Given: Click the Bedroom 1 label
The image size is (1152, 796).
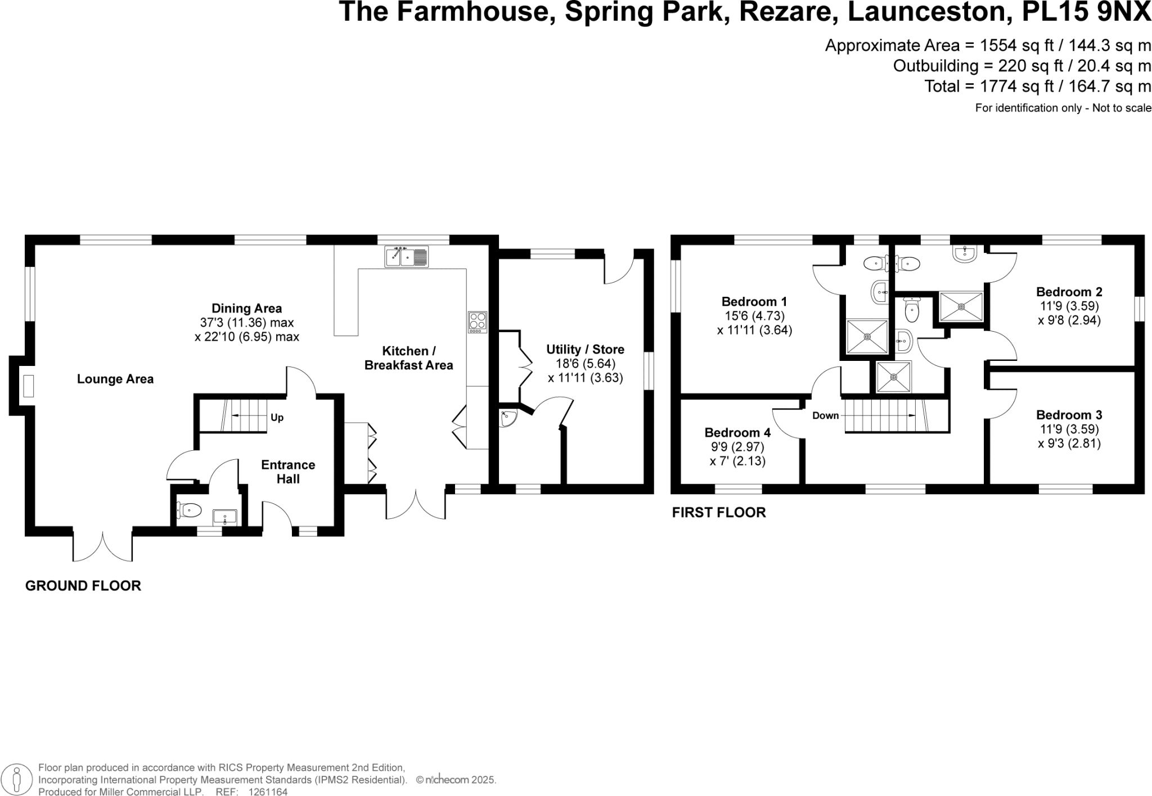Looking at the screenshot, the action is (754, 302).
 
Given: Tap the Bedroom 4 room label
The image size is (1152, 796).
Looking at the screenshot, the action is (737, 433).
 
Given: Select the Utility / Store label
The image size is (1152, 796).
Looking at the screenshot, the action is (585, 350).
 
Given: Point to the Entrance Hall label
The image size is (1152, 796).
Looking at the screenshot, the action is (288, 472).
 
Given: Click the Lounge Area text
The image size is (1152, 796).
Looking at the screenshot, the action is (115, 379).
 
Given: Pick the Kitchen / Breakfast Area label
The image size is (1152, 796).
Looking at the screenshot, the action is (408, 358).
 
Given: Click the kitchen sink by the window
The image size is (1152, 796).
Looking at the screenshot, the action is (406, 256).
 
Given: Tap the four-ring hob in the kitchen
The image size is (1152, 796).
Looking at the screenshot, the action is (478, 322).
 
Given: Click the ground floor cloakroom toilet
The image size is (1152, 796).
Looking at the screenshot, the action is (189, 510).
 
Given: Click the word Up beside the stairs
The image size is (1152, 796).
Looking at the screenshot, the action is (277, 418).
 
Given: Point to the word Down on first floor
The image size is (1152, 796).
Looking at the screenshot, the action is (825, 416).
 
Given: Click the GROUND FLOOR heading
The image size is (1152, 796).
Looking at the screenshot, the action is (83, 586).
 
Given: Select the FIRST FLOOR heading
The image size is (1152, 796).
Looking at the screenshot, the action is (719, 513).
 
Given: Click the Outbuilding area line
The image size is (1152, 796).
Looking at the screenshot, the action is (1021, 66).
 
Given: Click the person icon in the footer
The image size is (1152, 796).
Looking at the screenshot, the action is (17, 780).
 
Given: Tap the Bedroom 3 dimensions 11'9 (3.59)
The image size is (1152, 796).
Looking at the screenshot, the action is (1069, 429).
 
